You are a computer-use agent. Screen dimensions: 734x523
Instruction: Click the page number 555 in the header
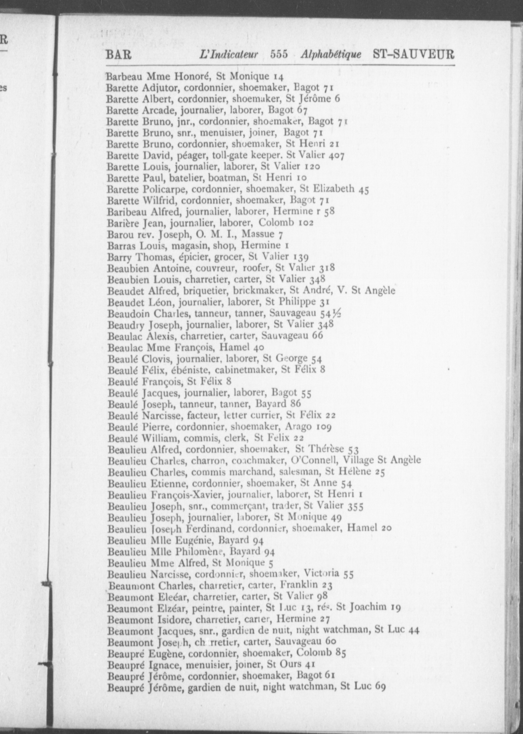tap(279, 54)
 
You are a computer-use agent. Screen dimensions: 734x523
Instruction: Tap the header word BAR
tap(118, 55)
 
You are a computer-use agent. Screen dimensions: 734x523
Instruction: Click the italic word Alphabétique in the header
tap(331, 54)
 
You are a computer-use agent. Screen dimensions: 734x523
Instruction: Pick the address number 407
tap(336, 156)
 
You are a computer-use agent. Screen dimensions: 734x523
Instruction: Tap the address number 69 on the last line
tap(380, 686)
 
